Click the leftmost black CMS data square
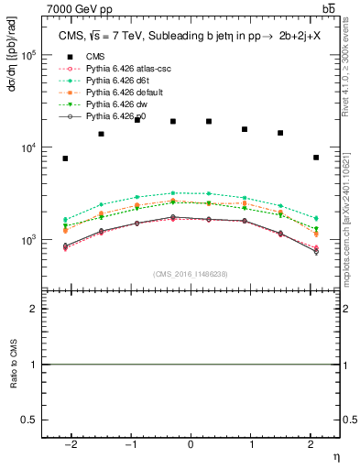[x=65, y=158]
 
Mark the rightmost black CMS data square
[x=315, y=158]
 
